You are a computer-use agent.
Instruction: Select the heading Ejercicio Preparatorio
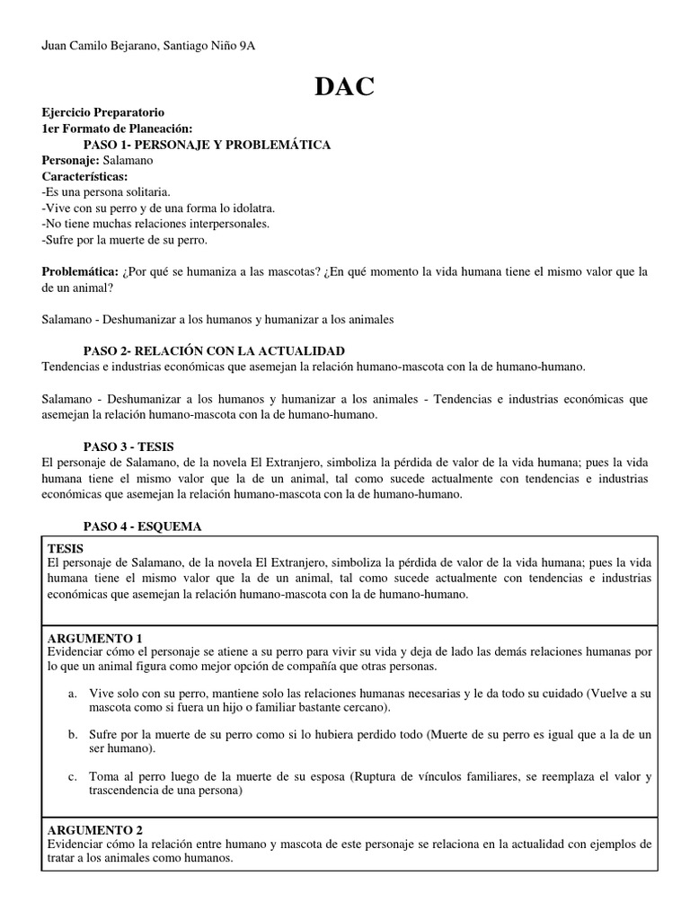[x=103, y=112]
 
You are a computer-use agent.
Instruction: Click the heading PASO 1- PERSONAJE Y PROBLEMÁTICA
[x=207, y=144]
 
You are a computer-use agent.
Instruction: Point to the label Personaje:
[x=71, y=160]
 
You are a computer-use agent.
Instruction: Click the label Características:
[x=84, y=176]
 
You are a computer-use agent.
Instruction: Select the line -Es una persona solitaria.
[x=105, y=192]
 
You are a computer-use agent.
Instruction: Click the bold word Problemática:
[x=80, y=271]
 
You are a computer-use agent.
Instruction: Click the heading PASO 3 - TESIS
[x=128, y=446]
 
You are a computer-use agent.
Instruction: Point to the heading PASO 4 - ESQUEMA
[x=142, y=526]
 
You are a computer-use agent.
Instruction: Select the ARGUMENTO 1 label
[x=93, y=638]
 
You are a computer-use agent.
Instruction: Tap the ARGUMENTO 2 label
[x=93, y=830]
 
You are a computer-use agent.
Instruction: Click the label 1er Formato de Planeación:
[x=117, y=128]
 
